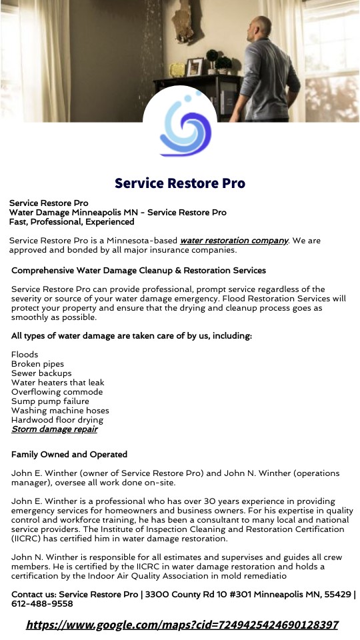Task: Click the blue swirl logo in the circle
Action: click(180, 127)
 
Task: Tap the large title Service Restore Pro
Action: click(180, 183)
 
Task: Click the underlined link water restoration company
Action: click(234, 240)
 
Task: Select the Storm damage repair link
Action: click(55, 429)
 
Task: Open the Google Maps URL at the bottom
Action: click(182, 625)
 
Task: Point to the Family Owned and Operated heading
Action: click(69, 455)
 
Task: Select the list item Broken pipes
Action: click(38, 364)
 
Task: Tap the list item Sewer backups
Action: click(41, 373)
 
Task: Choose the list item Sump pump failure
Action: click(50, 401)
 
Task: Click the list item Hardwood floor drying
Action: click(57, 420)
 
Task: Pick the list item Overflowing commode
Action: click(57, 392)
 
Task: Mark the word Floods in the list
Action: click(25, 355)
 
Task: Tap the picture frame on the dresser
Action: click(195, 66)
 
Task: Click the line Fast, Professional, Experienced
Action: click(72, 222)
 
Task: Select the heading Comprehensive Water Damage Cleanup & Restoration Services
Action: click(139, 271)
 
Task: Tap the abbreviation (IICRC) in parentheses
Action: click(29, 539)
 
